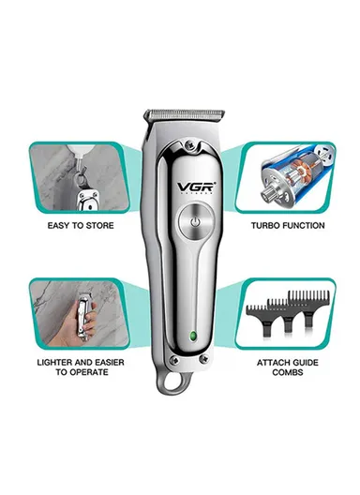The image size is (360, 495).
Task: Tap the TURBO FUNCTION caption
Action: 288,226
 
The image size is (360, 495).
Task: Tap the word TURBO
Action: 269,226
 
